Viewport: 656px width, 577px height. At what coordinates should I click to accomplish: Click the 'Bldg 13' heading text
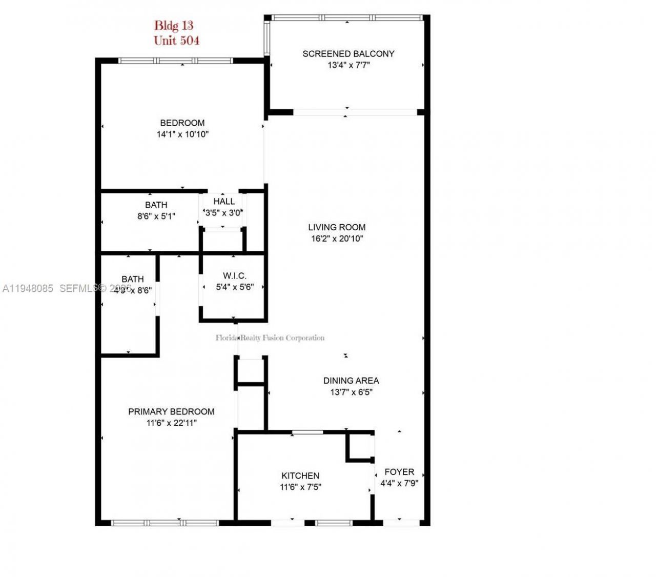pyautogui.click(x=174, y=25)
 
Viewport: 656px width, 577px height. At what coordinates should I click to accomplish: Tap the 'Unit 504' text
pyautogui.click(x=176, y=41)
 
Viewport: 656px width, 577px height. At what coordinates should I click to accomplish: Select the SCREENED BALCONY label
pyautogui.click(x=348, y=54)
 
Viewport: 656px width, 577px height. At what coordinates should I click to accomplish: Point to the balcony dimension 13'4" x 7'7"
pyautogui.click(x=348, y=66)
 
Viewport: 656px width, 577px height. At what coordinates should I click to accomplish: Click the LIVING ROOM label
pyautogui.click(x=337, y=227)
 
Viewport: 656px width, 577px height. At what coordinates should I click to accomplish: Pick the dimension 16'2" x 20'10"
pyautogui.click(x=337, y=238)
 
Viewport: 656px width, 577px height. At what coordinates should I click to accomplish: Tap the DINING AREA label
pyautogui.click(x=351, y=381)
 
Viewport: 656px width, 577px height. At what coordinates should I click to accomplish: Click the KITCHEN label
pyautogui.click(x=300, y=476)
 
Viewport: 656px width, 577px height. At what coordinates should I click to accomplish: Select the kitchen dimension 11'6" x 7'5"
pyautogui.click(x=300, y=487)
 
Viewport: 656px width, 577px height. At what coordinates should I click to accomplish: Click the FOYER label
pyautogui.click(x=399, y=472)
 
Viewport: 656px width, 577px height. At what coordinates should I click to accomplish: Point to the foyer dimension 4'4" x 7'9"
pyautogui.click(x=399, y=483)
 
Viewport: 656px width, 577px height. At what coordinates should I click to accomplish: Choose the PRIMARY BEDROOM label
pyautogui.click(x=171, y=411)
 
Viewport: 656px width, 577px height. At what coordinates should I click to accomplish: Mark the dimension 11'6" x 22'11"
pyautogui.click(x=171, y=423)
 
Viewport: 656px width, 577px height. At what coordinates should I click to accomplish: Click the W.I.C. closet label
pyautogui.click(x=235, y=276)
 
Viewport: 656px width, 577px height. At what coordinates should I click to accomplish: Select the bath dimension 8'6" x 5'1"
pyautogui.click(x=156, y=216)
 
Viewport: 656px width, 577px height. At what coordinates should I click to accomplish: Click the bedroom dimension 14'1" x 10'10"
pyautogui.click(x=182, y=134)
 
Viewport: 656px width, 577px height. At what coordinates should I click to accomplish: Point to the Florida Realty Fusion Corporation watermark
pyautogui.click(x=270, y=337)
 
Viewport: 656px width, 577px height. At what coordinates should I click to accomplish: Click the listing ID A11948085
pyautogui.click(x=28, y=289)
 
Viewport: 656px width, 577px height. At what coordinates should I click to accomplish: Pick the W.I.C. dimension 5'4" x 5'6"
pyautogui.click(x=235, y=287)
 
